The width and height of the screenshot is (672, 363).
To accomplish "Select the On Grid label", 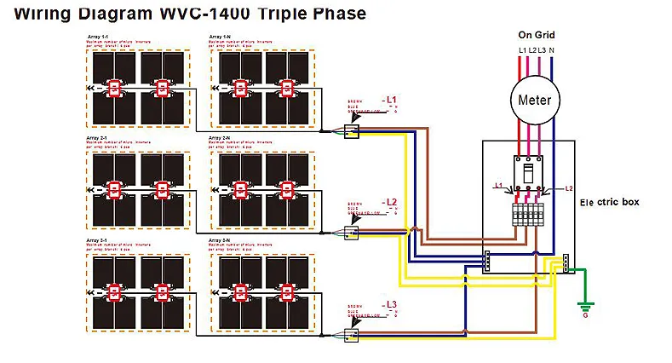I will pyautogui.click(x=537, y=35).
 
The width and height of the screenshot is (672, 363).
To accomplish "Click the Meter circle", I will pyautogui.click(x=536, y=100).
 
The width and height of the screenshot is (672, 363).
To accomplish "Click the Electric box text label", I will pyautogui.click(x=609, y=202).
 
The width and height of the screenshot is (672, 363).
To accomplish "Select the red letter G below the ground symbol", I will pyautogui.click(x=584, y=316).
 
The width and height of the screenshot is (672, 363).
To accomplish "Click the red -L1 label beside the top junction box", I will pyautogui.click(x=389, y=100).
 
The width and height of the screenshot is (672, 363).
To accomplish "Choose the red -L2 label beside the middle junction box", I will pyautogui.click(x=389, y=202).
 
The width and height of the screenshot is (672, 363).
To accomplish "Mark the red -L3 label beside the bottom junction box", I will pyautogui.click(x=389, y=304).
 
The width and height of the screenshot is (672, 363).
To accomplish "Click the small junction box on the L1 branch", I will pyautogui.click(x=351, y=130).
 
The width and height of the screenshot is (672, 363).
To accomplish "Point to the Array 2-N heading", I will pyautogui.click(x=219, y=136).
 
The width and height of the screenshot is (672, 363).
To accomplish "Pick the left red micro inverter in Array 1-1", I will pyautogui.click(x=113, y=88).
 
